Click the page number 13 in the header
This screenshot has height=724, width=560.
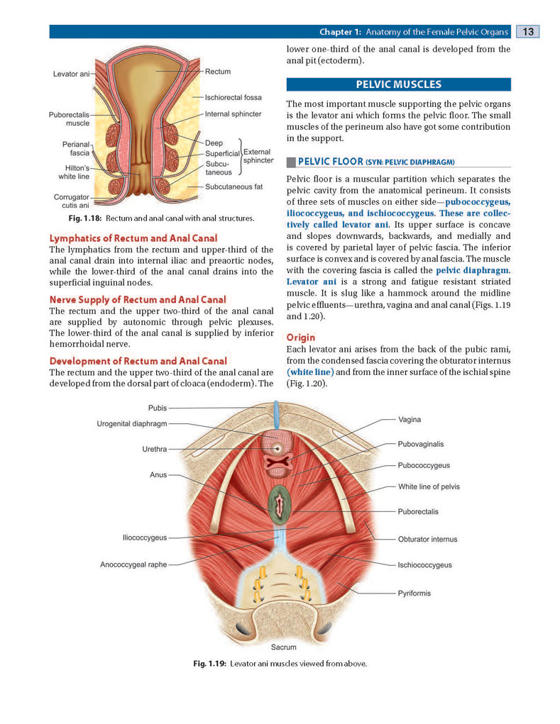pyautogui.click(x=527, y=31)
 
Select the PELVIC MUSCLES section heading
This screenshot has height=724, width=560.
pyautogui.click(x=398, y=84)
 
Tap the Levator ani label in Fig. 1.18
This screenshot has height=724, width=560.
pyautogui.click(x=71, y=74)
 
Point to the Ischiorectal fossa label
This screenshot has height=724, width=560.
pyautogui.click(x=234, y=97)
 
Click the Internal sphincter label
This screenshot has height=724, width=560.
pyautogui.click(x=234, y=114)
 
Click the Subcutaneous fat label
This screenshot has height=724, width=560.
pyautogui.click(x=234, y=187)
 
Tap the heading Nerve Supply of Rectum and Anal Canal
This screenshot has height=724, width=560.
pyautogui.click(x=138, y=300)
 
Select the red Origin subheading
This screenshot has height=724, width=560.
pyautogui.click(x=301, y=338)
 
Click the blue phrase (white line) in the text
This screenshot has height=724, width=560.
pyautogui.click(x=310, y=372)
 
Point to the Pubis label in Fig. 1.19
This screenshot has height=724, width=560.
pyautogui.click(x=158, y=408)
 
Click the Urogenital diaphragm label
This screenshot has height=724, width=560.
pyautogui.click(x=132, y=424)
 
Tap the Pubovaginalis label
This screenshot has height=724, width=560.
pyautogui.click(x=421, y=444)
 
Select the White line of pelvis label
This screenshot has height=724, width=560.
pyautogui.click(x=429, y=486)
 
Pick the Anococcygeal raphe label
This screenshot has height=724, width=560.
pyautogui.click(x=133, y=564)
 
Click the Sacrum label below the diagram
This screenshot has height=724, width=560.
pyautogui.click(x=284, y=647)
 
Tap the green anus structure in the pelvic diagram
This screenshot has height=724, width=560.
pyautogui.click(x=280, y=504)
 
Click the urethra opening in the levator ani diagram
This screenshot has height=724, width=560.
pyautogui.click(x=278, y=448)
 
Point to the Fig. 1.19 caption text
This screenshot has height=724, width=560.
pyautogui.click(x=280, y=664)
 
